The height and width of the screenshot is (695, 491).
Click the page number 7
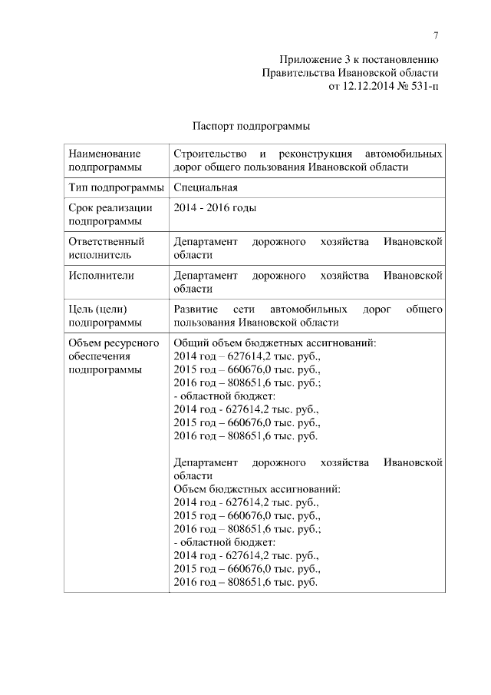click(x=435, y=35)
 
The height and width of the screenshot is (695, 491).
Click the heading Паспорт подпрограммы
click(x=250, y=125)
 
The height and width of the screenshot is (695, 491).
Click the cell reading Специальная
click(x=206, y=187)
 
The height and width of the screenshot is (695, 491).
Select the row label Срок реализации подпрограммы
click(x=110, y=214)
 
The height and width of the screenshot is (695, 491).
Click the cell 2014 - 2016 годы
click(x=215, y=207)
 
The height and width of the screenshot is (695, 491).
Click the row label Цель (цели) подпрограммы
click(x=104, y=316)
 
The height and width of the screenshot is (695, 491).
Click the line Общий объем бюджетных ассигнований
click(x=275, y=343)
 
